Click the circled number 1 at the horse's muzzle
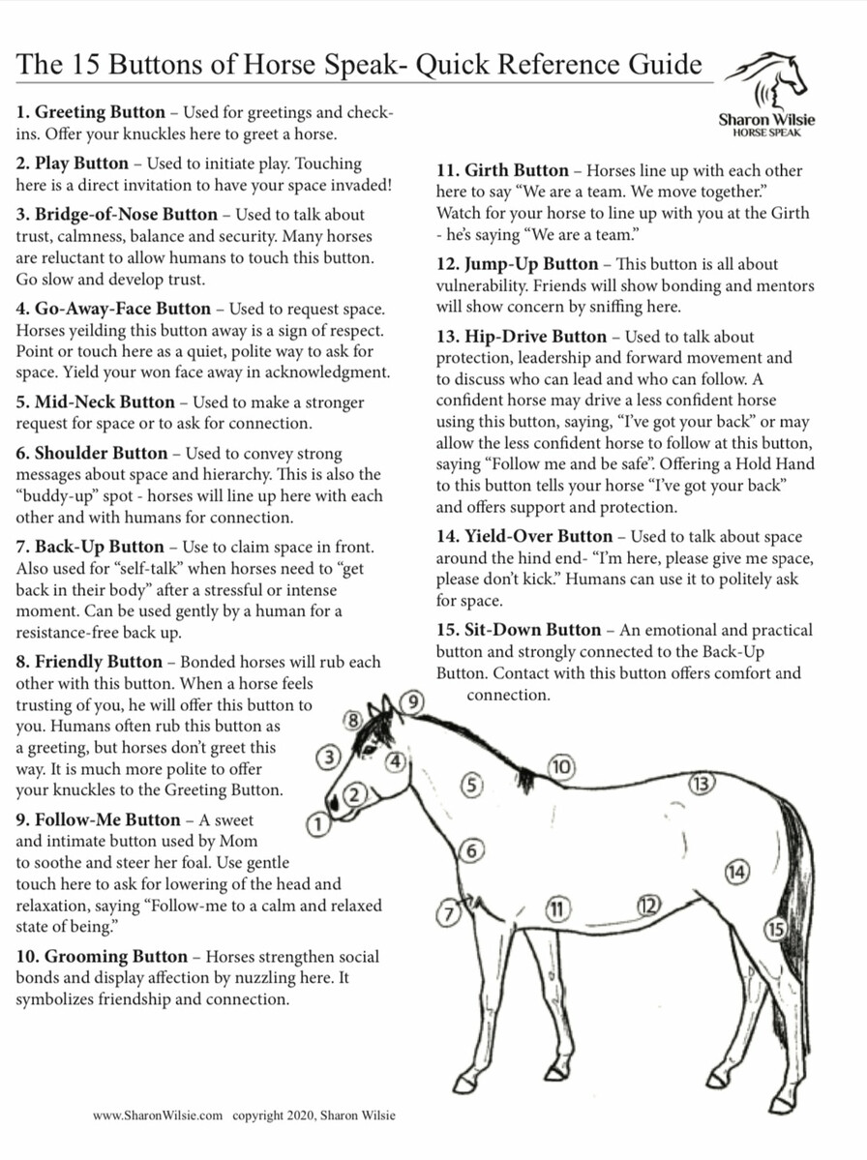(316, 824)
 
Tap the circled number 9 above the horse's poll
(413, 701)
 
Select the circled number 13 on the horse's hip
(702, 784)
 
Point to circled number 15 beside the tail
(775, 930)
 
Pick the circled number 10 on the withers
(561, 767)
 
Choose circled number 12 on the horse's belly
(648, 906)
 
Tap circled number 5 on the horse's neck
(471, 785)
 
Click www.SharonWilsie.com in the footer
(159, 1115)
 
